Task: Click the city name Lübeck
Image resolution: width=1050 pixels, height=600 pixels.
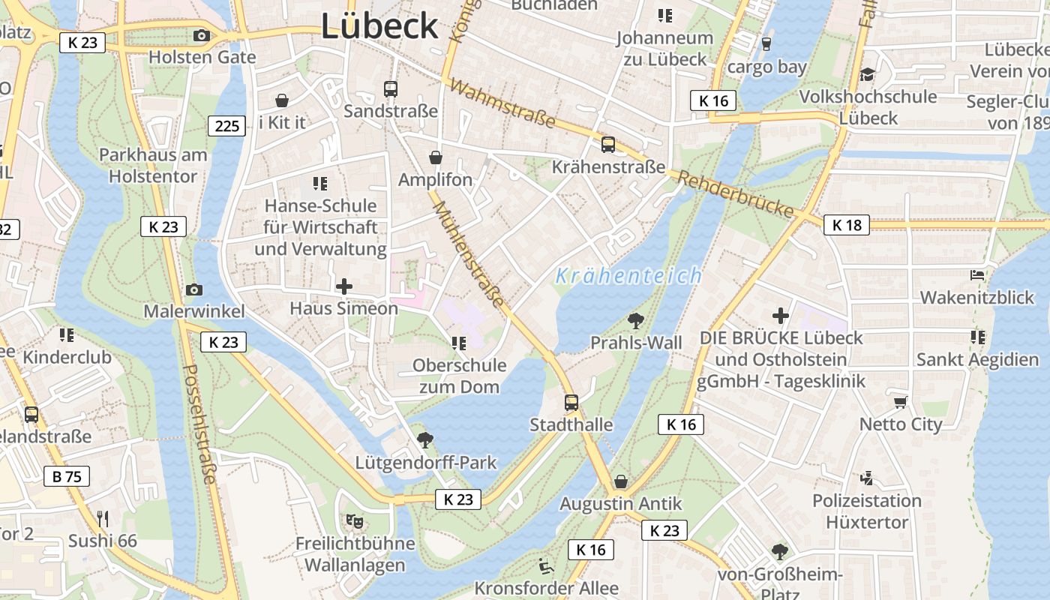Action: pyautogui.click(x=379, y=26)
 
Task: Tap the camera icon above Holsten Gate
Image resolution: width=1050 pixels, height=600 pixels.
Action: pyautogui.click(x=201, y=35)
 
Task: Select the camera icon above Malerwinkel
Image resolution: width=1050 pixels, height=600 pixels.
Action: pyautogui.click(x=193, y=289)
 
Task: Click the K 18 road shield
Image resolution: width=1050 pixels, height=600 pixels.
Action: pyautogui.click(x=847, y=225)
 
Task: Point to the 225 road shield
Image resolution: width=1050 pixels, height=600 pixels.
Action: pyautogui.click(x=227, y=125)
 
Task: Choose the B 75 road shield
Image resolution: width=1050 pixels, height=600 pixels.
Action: pyautogui.click(x=67, y=476)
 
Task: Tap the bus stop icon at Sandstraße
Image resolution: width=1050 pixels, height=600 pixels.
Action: pyautogui.click(x=391, y=89)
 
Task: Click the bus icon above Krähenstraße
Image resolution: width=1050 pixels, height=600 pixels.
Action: pyautogui.click(x=608, y=145)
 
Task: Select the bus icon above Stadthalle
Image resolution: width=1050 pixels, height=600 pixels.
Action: pyautogui.click(x=571, y=403)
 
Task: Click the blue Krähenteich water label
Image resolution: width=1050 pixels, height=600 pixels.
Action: pyautogui.click(x=628, y=276)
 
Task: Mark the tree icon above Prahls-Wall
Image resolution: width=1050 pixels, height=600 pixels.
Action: pyautogui.click(x=636, y=321)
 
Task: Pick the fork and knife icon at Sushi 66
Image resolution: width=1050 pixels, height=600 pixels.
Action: pyautogui.click(x=103, y=518)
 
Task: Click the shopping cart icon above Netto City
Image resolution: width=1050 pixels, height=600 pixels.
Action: pyautogui.click(x=900, y=402)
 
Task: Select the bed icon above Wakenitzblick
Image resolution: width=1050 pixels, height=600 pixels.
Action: pyautogui.click(x=977, y=275)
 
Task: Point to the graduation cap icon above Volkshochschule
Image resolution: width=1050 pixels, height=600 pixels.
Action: pyautogui.click(x=868, y=74)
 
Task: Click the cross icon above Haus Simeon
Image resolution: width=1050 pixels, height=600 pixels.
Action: pyautogui.click(x=344, y=286)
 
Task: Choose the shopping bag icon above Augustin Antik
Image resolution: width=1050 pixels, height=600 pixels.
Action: pyautogui.click(x=621, y=481)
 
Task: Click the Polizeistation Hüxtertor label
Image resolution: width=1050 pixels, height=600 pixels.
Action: pyautogui.click(x=867, y=511)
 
